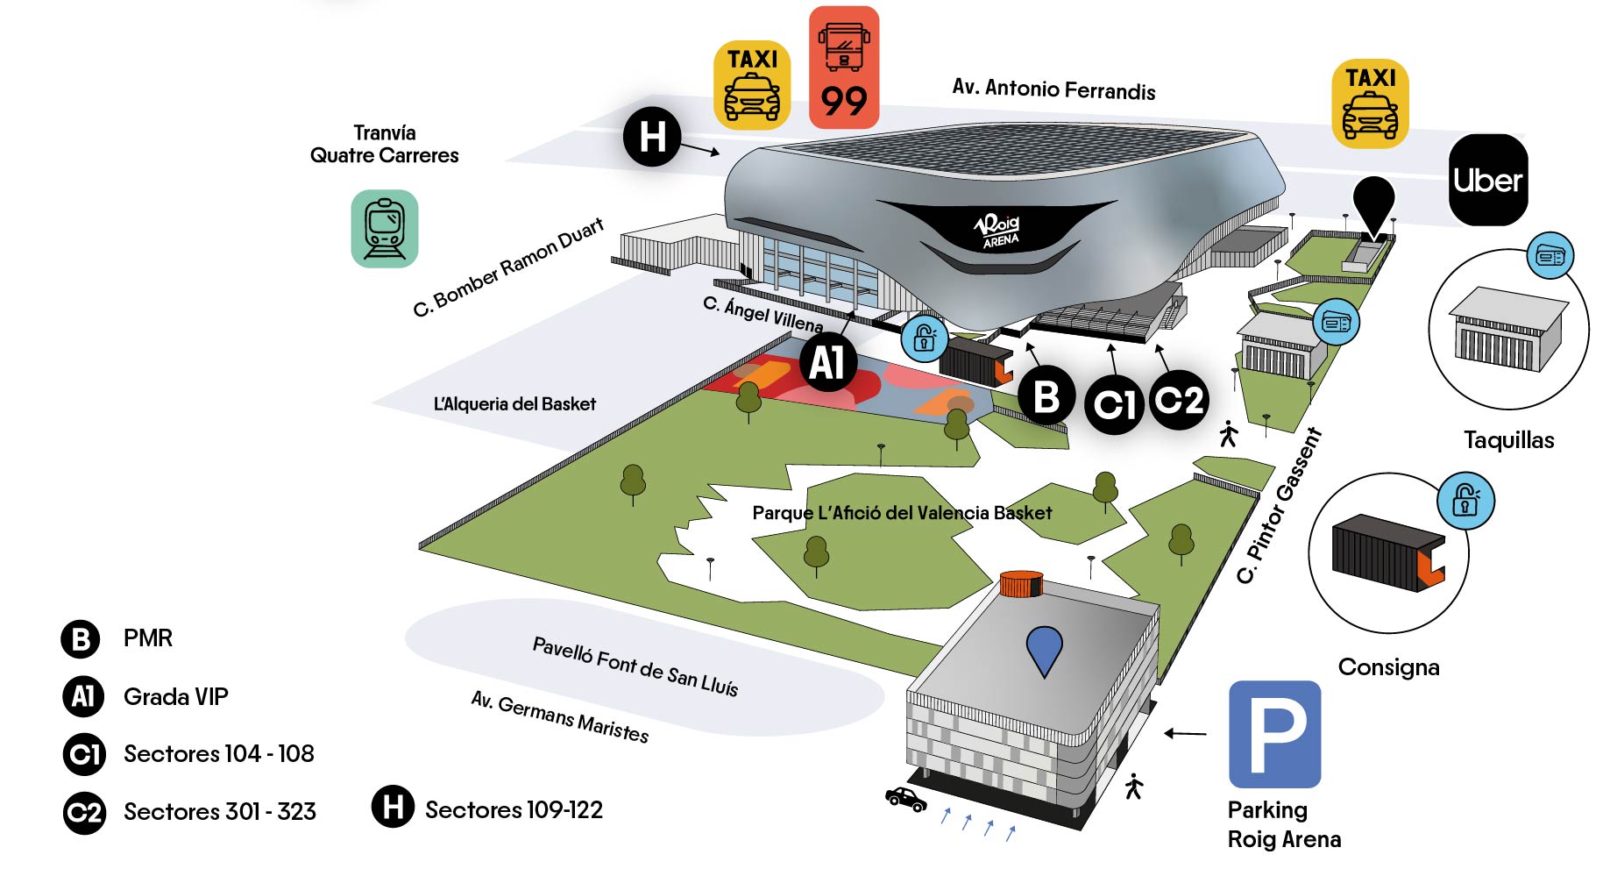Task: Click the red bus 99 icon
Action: pos(843,68)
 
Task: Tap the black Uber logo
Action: pos(1487,180)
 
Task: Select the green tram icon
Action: pos(385,228)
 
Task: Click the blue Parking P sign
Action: pos(1274,734)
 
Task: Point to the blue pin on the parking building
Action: pos(1044,650)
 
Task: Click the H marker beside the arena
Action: pos(652,137)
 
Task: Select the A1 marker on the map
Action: pos(827,362)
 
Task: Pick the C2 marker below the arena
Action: pos(1179,400)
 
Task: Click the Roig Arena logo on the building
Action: pos(999,231)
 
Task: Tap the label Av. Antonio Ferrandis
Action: pos(1053,89)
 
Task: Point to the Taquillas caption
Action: pos(1508,440)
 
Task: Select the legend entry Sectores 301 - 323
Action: pos(219,812)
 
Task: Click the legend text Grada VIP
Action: pos(175,697)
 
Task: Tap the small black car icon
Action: pos(905,799)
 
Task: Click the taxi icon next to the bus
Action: pos(752,85)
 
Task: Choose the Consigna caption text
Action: pos(1388,667)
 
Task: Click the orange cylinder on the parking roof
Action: pos(1021,583)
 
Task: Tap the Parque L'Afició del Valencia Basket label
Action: pos(902,513)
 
